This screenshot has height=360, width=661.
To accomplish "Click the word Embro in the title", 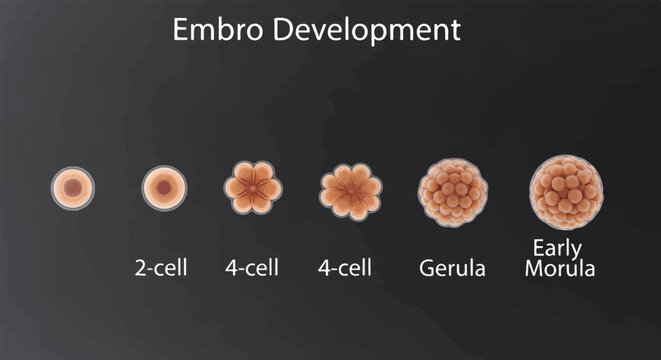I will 209,30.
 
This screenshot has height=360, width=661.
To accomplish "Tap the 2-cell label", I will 161,267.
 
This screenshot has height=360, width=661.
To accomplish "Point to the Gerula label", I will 453,268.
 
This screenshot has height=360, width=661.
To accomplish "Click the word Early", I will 559,249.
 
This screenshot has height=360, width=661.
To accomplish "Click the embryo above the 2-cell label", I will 164,187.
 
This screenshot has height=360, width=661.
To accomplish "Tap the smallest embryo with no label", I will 73,187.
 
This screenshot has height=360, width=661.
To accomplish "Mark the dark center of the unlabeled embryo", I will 73,187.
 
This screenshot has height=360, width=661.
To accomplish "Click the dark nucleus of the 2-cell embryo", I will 164,187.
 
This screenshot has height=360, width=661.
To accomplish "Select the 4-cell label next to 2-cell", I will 252,267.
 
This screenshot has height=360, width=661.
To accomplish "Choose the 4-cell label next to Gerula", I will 345,267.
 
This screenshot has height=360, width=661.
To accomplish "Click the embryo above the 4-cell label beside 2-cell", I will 253,187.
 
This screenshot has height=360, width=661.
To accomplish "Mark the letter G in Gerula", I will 428,268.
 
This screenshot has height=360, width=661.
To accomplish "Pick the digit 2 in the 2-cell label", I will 140,267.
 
